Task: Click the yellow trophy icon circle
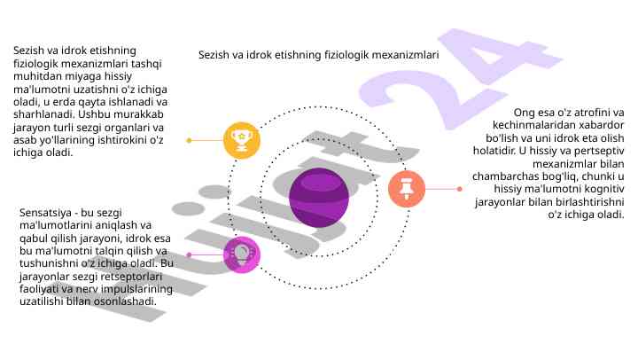point(242,140)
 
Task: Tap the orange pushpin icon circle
point(407,189)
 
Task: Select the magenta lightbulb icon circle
point(242,254)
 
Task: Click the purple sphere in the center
point(319,198)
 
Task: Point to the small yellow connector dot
point(189,140)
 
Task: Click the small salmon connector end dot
point(459,189)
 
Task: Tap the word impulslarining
point(136,289)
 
